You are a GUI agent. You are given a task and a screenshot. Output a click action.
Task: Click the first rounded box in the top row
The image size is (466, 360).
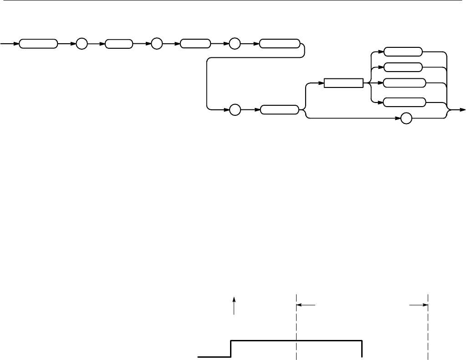click(x=39, y=44)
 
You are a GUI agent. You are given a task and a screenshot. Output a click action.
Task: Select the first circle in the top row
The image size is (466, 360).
click(x=81, y=44)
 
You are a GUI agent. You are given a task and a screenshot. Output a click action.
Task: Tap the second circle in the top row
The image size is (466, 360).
click(x=156, y=44)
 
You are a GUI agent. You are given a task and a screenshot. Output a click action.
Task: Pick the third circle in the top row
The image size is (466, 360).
click(x=234, y=44)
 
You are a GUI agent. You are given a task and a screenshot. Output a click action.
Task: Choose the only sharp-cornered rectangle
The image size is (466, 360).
click(x=343, y=83)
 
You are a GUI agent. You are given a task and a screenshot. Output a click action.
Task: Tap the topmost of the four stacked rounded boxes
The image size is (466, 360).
click(x=403, y=51)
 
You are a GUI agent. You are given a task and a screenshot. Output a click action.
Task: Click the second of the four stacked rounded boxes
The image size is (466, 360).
click(x=403, y=67)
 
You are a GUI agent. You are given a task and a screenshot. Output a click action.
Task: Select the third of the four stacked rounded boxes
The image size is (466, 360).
click(x=404, y=83)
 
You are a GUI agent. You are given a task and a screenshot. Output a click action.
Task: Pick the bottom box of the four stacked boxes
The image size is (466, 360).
click(x=404, y=102)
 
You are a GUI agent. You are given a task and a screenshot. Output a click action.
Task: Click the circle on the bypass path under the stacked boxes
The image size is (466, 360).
click(x=406, y=118)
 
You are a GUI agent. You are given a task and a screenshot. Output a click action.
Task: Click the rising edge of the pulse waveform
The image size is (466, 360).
click(x=231, y=349)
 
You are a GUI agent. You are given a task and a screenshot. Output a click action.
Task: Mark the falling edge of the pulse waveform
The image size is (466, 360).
click(x=362, y=349)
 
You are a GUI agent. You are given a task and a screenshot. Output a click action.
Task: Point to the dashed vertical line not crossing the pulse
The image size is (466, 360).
click(x=428, y=328)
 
